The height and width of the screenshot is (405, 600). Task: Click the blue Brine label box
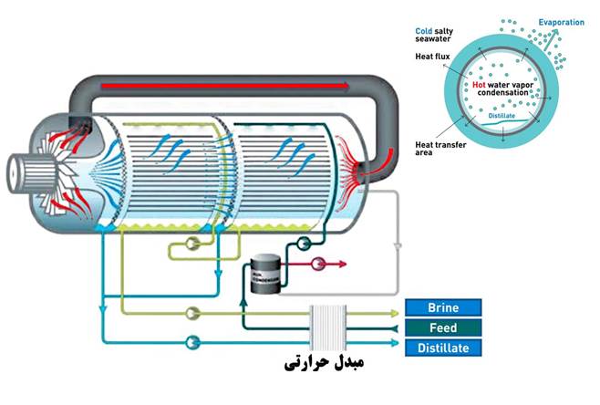click(x=443, y=307)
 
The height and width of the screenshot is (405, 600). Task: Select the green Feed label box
click(x=443, y=327)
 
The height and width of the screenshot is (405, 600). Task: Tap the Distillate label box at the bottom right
click(x=443, y=348)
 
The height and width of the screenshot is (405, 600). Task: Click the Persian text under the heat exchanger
click(x=324, y=365)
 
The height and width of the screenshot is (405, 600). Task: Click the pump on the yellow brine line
click(x=192, y=313)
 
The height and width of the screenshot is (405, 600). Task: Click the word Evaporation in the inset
click(x=560, y=22)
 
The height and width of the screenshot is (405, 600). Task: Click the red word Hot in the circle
click(x=480, y=85)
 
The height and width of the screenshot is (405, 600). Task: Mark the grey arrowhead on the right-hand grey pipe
click(x=398, y=247)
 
